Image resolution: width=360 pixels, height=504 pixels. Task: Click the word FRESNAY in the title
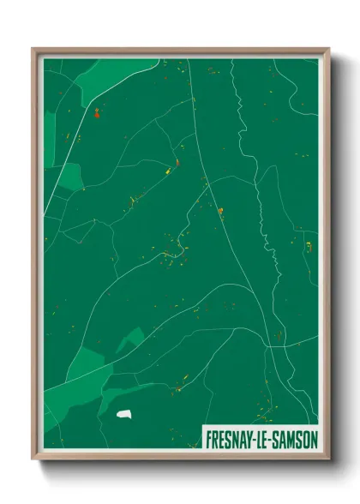click(229, 439)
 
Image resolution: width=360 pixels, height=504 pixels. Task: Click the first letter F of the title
click(208, 439)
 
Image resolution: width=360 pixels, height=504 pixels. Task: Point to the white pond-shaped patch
click(125, 415)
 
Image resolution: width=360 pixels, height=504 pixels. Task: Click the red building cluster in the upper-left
click(97, 111)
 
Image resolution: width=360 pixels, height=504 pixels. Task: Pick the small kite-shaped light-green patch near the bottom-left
click(129, 340)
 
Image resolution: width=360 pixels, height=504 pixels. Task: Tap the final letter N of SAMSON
click(313, 439)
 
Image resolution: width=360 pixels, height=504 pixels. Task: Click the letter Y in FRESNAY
click(249, 439)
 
